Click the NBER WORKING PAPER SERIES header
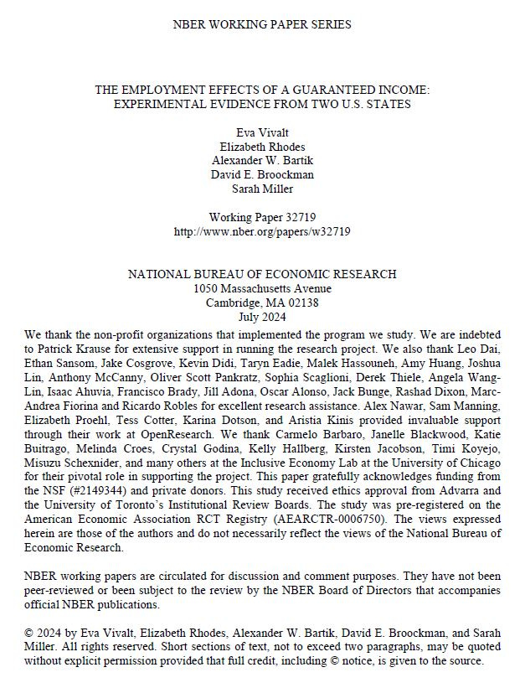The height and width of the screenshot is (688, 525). pyautogui.click(x=262, y=24)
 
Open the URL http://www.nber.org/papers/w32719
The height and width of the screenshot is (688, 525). pyautogui.click(x=262, y=230)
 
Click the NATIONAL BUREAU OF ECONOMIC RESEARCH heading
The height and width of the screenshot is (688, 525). pyautogui.click(x=262, y=274)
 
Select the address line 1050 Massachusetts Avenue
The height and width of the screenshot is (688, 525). pyautogui.click(x=262, y=288)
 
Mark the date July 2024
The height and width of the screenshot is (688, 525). pyautogui.click(x=262, y=317)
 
